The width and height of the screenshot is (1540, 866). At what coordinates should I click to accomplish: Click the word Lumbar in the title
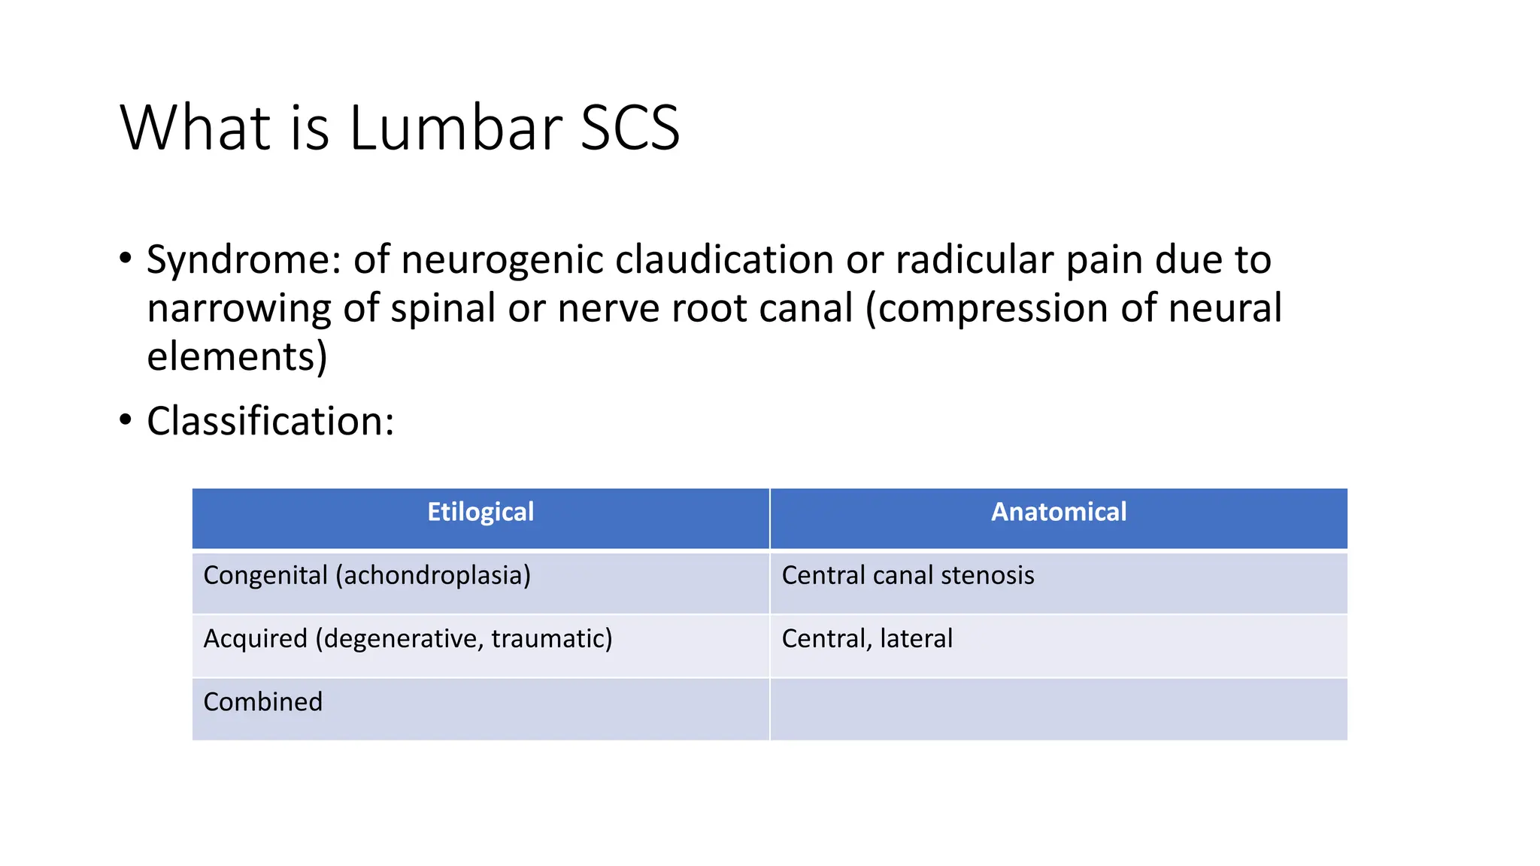click(455, 128)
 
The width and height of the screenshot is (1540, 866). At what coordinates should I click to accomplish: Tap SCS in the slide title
click(629, 128)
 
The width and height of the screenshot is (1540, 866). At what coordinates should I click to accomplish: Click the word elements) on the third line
click(237, 356)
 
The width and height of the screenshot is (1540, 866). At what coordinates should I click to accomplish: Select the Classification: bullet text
click(270, 421)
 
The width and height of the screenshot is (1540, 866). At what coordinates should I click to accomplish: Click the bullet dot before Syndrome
click(126, 259)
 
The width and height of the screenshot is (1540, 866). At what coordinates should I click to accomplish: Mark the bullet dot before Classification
click(126, 420)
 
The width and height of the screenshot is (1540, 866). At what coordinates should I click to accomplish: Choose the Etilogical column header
click(480, 512)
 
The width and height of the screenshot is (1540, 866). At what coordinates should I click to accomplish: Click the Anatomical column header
click(1058, 512)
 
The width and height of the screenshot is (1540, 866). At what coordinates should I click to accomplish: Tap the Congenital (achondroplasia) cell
click(367, 576)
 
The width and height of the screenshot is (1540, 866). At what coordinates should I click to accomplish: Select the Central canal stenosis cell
click(908, 576)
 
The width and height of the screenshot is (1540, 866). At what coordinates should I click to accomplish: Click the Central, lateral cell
click(867, 639)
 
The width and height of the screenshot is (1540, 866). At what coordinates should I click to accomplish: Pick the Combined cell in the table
click(262, 702)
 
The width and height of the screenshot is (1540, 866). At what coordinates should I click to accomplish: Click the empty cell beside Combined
click(1058, 709)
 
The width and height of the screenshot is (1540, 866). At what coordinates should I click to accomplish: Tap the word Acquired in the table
click(256, 639)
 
